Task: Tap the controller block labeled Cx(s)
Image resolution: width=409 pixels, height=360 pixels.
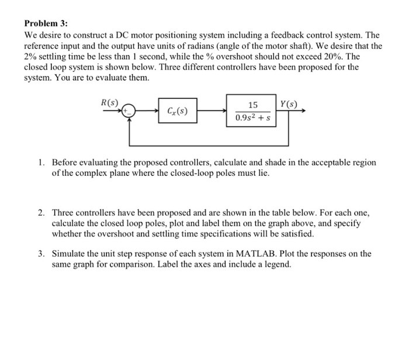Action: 177,110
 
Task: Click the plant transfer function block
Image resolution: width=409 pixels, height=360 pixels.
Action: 252,110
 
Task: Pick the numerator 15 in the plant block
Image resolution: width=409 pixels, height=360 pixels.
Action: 252,105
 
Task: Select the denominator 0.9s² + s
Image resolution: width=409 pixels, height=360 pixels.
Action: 252,117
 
